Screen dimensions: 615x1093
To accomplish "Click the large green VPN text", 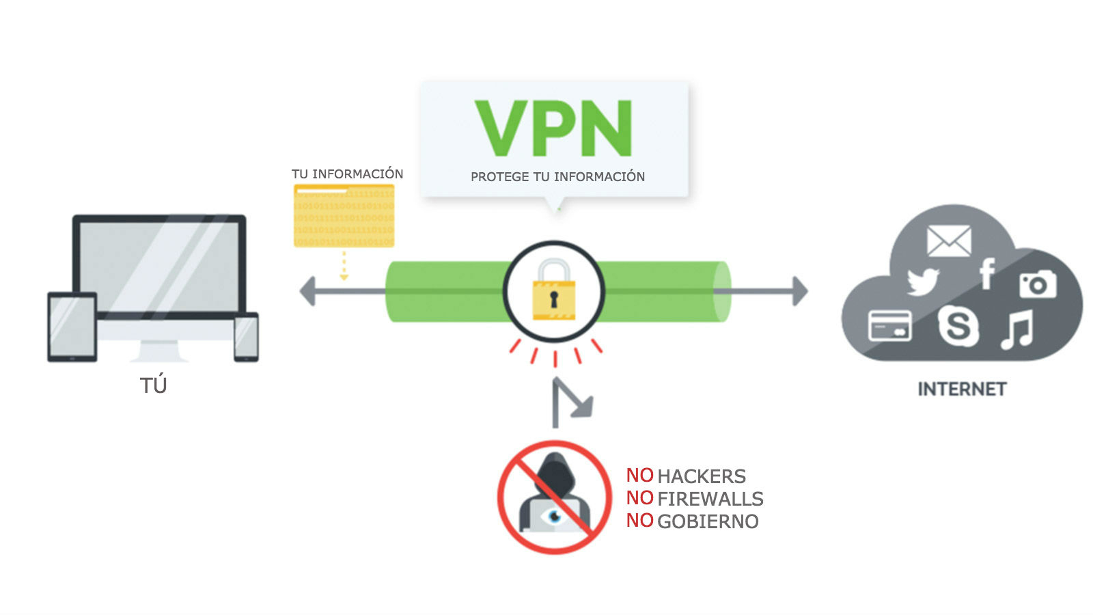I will click(x=553, y=128).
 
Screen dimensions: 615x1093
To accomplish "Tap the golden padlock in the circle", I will click(x=554, y=292).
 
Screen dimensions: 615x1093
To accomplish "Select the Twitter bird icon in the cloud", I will click(x=923, y=282).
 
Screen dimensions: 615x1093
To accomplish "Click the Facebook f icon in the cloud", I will click(x=986, y=274).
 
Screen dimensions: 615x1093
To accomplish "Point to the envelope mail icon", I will click(x=948, y=241).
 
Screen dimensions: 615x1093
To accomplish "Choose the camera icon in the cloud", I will click(x=1038, y=284).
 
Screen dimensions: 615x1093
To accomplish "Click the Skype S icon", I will click(x=958, y=325).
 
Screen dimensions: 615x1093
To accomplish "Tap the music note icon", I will click(x=1017, y=329).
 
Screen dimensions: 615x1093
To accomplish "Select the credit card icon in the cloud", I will click(x=889, y=325).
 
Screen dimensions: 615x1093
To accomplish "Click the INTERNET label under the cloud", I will click(x=962, y=389).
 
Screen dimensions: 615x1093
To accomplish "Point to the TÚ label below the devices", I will click(x=154, y=385).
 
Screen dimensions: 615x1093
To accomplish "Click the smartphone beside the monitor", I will click(x=246, y=337).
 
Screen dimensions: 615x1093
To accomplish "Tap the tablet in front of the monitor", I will click(x=72, y=327).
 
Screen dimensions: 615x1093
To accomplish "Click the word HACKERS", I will click(x=701, y=476).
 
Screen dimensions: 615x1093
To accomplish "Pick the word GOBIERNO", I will click(x=708, y=521).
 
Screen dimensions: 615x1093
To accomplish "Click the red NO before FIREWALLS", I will click(x=639, y=498).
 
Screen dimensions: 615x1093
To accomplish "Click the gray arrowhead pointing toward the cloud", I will click(x=799, y=291).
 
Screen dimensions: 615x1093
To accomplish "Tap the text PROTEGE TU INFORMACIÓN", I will click(x=557, y=177).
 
